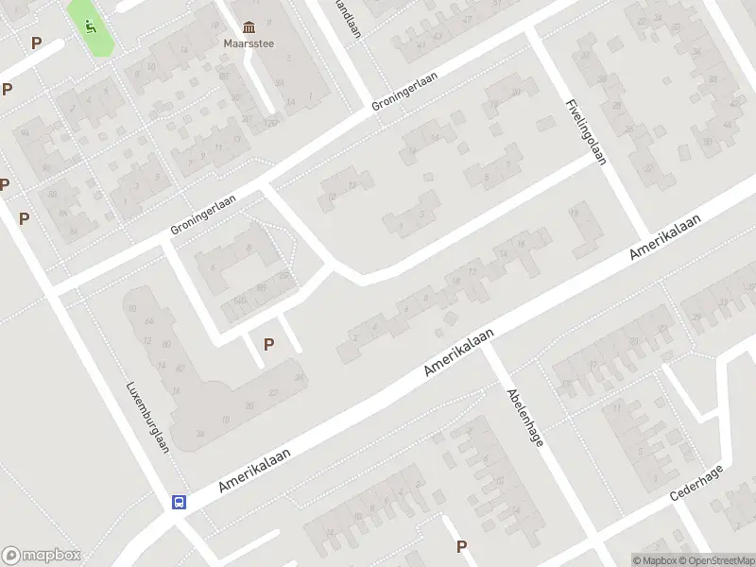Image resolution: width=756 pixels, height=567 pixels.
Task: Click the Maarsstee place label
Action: (x=248, y=42)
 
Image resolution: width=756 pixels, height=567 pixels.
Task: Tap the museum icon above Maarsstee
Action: (x=248, y=26)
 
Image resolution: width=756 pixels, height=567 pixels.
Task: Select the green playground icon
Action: (x=90, y=26)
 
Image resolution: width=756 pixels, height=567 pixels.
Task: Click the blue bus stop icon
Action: (x=179, y=502)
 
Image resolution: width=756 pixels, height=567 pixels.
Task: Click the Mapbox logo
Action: (x=41, y=556)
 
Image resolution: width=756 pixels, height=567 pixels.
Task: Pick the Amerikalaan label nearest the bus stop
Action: (x=253, y=469)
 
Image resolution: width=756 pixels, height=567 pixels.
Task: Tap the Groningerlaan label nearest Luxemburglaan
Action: (x=202, y=215)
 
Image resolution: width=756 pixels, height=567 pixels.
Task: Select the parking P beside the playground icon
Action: (x=36, y=43)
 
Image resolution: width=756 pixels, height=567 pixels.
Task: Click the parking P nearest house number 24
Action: (x=269, y=345)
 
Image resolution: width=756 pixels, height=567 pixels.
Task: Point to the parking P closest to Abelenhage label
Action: (x=462, y=546)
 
